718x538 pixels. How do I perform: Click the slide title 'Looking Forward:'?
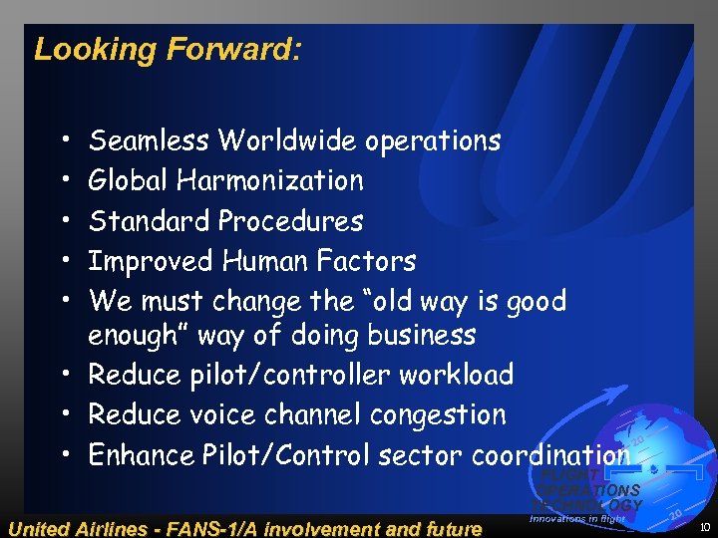point(167,49)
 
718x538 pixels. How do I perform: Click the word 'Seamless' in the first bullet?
point(150,140)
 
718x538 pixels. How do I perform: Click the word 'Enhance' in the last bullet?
point(141,455)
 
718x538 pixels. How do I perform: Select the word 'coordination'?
point(550,455)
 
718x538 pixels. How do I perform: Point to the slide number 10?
point(705,528)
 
